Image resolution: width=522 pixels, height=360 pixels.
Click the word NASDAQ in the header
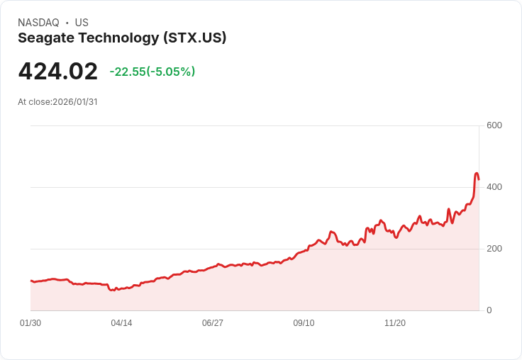point(38,23)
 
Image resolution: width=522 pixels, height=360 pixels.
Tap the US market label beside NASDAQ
point(82,23)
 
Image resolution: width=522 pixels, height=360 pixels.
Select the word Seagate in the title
point(45,38)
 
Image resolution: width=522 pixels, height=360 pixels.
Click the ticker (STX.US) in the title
point(194,38)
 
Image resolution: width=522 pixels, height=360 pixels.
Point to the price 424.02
point(57,72)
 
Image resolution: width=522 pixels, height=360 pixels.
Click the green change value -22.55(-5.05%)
point(152,72)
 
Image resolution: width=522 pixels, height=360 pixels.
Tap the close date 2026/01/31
point(74,102)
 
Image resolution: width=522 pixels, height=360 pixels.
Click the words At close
point(34,102)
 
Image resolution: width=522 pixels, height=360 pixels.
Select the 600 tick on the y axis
point(494,125)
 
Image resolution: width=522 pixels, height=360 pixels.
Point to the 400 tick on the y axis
point(494,187)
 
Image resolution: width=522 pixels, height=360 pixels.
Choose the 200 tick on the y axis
point(494,249)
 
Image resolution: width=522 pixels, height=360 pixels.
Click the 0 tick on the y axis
point(489,310)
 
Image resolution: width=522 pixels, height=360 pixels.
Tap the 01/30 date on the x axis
point(30,323)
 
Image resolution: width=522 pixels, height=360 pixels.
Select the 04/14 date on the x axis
point(121,323)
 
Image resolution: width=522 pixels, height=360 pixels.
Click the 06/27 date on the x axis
point(213,323)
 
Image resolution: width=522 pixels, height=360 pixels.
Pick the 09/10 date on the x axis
point(304,323)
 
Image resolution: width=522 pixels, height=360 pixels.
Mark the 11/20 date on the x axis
point(395,323)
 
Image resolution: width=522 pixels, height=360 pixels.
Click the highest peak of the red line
point(477,173)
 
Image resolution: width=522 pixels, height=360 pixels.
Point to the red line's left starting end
point(30,281)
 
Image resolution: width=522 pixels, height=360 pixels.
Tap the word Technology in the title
point(117,38)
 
